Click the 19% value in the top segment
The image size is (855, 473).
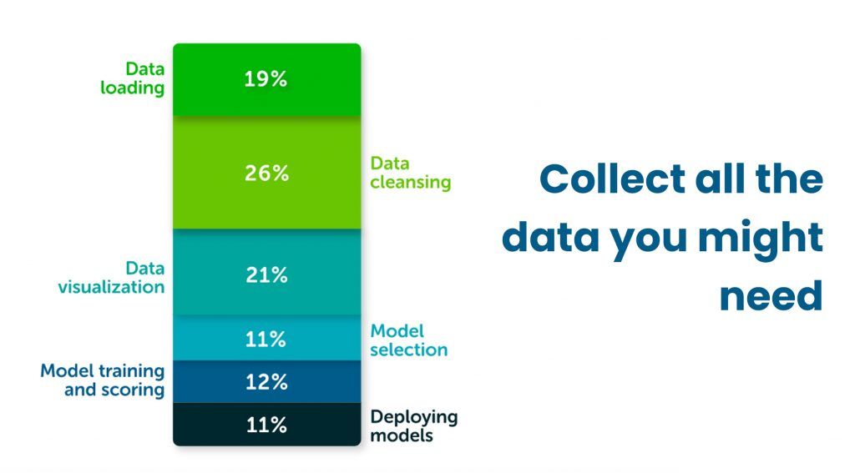point(266,80)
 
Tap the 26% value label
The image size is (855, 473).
point(266,174)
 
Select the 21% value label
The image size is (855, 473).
point(266,275)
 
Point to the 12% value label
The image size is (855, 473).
point(266,383)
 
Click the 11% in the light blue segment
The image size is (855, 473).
point(266,340)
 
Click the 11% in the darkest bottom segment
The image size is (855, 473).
point(266,425)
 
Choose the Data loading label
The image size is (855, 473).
point(133,78)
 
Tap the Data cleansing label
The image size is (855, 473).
point(410,173)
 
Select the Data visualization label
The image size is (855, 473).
point(111,278)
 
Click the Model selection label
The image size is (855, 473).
point(408,340)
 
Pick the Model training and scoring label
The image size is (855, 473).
point(103,380)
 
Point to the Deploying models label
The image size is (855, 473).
point(413,425)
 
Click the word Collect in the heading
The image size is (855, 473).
point(600,179)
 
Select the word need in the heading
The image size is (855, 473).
point(771,296)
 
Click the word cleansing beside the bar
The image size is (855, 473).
point(410,183)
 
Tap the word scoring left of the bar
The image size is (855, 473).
point(114,390)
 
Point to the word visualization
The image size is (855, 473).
point(111,287)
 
